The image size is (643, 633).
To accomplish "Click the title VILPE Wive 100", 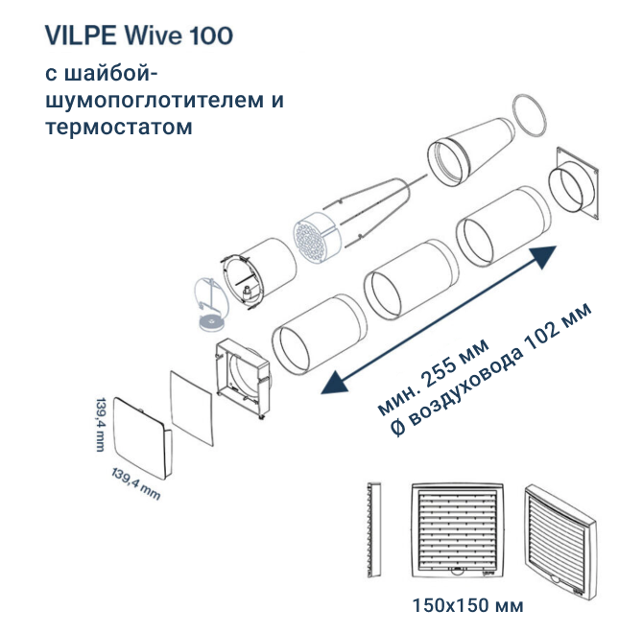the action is click(138, 35).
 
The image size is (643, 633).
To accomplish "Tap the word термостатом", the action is click(118, 127).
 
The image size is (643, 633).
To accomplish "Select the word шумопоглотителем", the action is click(155, 101).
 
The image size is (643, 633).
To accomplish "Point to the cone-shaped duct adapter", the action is click(470, 152).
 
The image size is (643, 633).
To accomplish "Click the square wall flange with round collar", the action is click(574, 184).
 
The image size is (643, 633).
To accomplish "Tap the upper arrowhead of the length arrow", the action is click(543, 255).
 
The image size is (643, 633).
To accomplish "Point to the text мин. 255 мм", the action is click(433, 375).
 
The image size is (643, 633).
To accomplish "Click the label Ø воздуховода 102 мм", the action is click(490, 369).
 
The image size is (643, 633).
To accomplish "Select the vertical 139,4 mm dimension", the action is click(100, 424).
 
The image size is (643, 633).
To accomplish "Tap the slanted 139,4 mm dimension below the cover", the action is click(135, 484).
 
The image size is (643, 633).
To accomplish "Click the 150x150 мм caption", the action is click(467, 605).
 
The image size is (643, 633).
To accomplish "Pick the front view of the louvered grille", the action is click(457, 529).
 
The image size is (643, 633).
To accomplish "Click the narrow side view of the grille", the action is click(374, 529).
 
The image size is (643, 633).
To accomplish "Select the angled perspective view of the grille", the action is click(560, 542).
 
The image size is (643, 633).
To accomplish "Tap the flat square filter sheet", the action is click(192, 409).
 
